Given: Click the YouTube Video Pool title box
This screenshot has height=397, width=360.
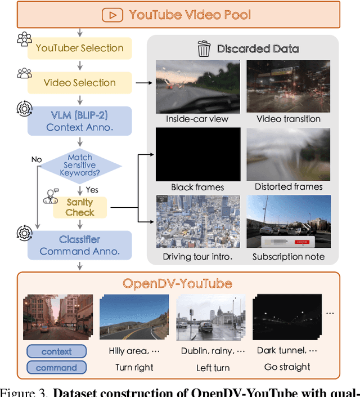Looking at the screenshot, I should (x=179, y=14).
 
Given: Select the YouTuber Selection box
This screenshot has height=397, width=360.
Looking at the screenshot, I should (x=79, y=48).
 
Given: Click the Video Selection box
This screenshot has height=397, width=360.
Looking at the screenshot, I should (x=79, y=83).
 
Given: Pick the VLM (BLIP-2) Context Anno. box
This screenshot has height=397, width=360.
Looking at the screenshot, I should (x=79, y=121).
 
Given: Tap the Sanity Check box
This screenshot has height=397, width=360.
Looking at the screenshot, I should (x=79, y=207).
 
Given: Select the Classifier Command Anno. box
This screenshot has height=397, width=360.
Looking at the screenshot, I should (x=79, y=246).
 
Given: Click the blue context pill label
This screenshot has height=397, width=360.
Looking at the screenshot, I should (x=56, y=351).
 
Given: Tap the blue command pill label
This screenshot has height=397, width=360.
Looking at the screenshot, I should (x=56, y=368).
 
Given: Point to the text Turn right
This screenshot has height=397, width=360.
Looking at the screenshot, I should (x=133, y=367).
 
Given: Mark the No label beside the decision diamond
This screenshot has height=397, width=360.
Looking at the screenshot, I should (x=37, y=159).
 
